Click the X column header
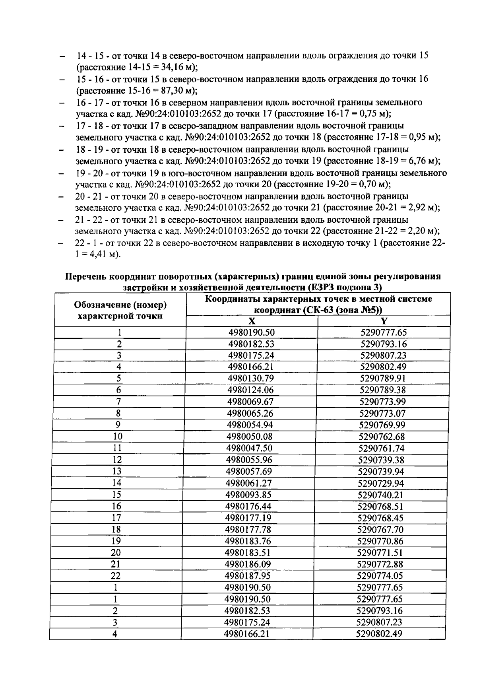point(252,321)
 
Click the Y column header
point(384,321)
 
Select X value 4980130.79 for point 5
point(251,378)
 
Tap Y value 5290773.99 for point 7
point(383,402)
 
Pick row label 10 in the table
point(118,437)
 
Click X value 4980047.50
point(249,448)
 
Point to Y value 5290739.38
point(382,460)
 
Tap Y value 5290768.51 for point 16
point(381,506)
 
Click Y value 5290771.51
point(381,553)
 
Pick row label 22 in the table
point(116,576)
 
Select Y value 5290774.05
point(380,576)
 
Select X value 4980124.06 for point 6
point(250,390)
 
